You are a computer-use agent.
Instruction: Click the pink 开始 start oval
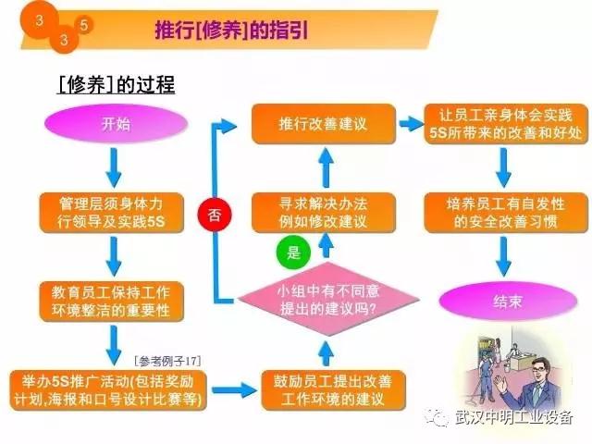pos(109,124)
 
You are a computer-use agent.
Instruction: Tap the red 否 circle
pos(214,215)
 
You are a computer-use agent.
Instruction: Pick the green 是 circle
pos(294,252)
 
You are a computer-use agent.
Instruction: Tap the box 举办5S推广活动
pos(109,389)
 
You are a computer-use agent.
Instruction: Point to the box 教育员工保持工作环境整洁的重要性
pos(109,300)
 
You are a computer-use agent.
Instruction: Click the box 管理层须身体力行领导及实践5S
pos(109,212)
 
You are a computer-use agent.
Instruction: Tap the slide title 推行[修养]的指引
pos(230,31)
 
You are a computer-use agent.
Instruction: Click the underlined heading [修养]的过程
pos(116,85)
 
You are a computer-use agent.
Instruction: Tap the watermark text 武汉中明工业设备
pos(515,417)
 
